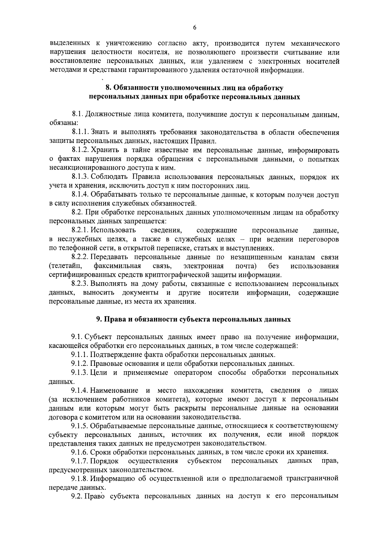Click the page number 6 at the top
(x=195, y=28)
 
